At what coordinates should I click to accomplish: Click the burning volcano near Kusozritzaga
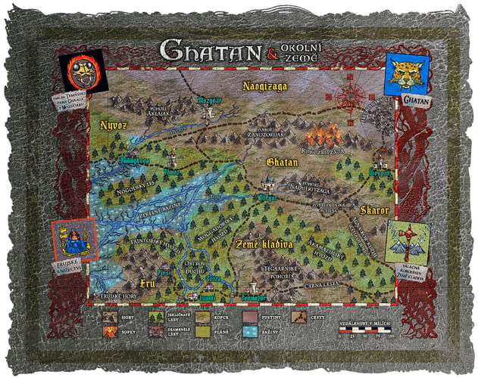click(x=324, y=136)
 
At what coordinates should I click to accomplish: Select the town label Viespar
click(x=380, y=172)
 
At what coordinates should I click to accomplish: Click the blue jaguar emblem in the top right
click(x=408, y=74)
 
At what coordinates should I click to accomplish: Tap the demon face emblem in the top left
click(x=84, y=72)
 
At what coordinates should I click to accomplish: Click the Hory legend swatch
click(x=111, y=318)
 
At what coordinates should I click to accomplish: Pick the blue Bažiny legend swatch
click(x=255, y=332)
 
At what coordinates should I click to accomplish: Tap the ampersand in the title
click(x=270, y=54)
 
